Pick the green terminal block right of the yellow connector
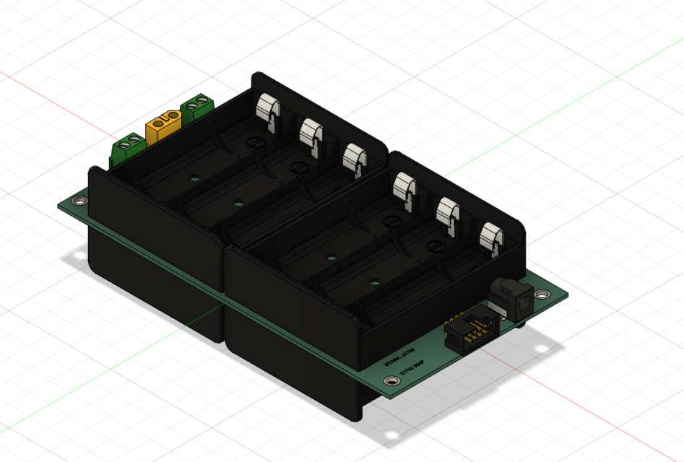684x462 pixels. [x=197, y=108]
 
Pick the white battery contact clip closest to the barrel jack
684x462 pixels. [x=493, y=239]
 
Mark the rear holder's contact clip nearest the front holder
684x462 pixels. [x=355, y=159]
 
